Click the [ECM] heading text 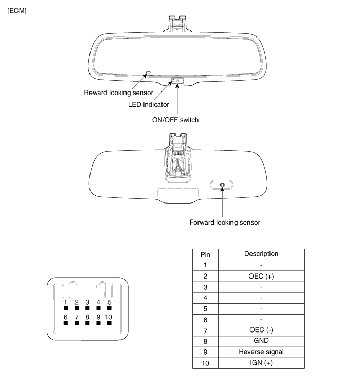coord(17,11)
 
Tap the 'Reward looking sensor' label coord(118,93)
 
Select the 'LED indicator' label coord(149,105)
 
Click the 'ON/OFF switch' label coord(175,120)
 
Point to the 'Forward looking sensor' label coord(225,223)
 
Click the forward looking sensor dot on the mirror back coord(222,185)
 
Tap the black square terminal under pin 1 coord(66,308)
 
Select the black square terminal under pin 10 coord(109,323)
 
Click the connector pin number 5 coord(110,302)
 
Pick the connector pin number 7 coord(77,317)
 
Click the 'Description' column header coord(261,254)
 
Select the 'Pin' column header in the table coord(205,255)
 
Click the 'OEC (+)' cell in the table coord(261,276)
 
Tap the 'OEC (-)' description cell coord(261,330)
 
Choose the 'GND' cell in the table coord(261,341)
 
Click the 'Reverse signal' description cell coord(261,352)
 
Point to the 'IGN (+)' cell coord(261,363)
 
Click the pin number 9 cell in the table coord(205,352)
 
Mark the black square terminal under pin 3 coord(87,308)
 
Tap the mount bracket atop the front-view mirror coord(177,24)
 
